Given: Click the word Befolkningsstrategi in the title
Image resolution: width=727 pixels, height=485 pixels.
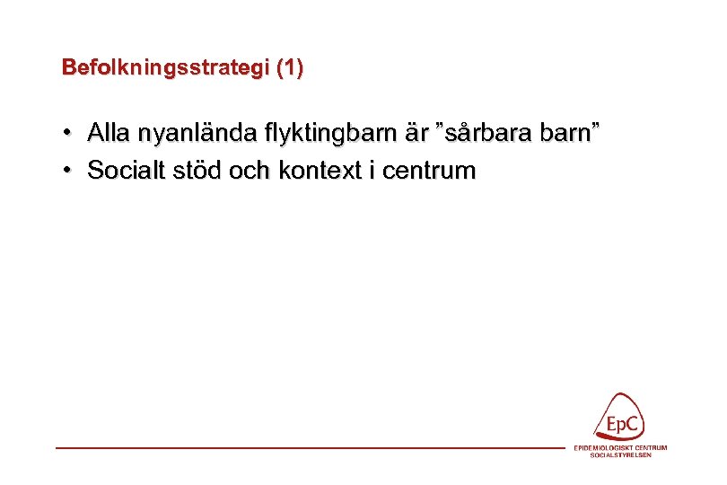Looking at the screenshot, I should (166, 68).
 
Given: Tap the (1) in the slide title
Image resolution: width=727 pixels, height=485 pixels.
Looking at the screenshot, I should (290, 68).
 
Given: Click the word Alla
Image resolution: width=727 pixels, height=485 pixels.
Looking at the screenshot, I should (107, 134).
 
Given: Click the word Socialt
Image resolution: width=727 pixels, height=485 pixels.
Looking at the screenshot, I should (125, 171).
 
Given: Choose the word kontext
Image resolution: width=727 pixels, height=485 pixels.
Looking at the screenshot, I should (318, 171).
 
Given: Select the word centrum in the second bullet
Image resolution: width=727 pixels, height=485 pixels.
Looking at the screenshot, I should (428, 171).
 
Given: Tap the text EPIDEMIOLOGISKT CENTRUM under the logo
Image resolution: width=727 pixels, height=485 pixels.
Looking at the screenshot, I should (620, 448).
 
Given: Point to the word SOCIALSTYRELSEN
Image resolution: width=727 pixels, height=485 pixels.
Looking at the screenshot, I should (620, 455).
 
